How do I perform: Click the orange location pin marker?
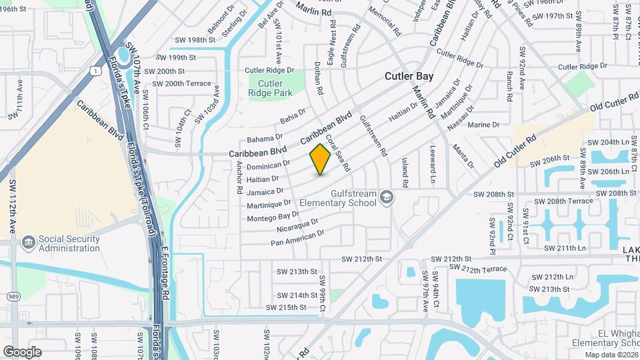[x=320, y=159]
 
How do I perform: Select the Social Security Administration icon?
[x=29, y=242]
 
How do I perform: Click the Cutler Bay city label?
[x=409, y=76]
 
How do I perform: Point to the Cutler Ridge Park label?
[x=270, y=88]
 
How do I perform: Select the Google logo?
[x=22, y=351]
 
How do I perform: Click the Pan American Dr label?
[x=297, y=237]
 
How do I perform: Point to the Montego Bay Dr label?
[x=273, y=216]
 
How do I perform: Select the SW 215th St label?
[x=287, y=307]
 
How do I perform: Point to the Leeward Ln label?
[x=432, y=165]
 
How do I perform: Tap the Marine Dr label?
[x=483, y=125]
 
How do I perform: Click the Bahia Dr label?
[x=293, y=119]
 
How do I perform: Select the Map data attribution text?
[x=611, y=355]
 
